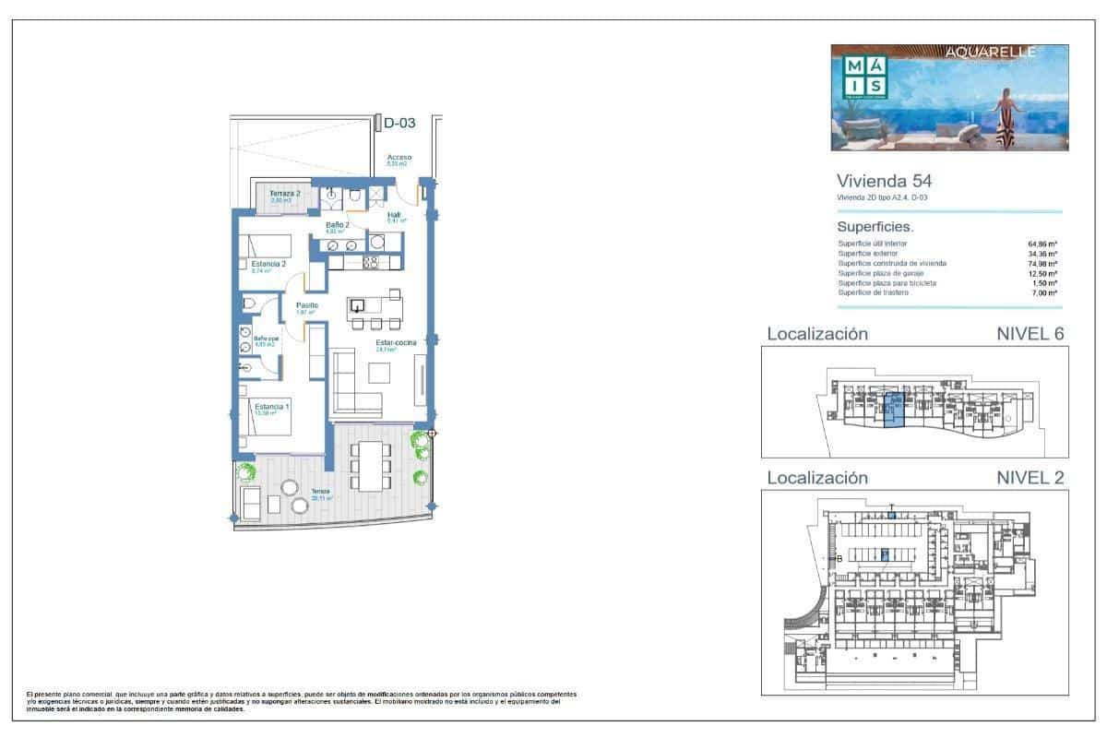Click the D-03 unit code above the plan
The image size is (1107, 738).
tap(401, 124)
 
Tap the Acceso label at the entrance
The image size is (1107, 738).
tap(399, 158)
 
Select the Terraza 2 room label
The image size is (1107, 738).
tap(284, 193)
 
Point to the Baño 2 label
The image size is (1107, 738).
tap(337, 225)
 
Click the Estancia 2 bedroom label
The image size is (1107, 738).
tap(268, 264)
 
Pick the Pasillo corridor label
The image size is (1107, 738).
tap(307, 305)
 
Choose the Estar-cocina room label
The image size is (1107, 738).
tap(396, 342)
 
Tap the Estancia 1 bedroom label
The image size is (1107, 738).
tap(272, 407)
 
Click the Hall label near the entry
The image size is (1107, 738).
tap(394, 215)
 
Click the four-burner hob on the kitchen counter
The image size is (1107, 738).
tap(372, 262)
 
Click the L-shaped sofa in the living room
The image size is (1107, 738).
tap(355, 387)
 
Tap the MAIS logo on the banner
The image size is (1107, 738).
tap(866, 77)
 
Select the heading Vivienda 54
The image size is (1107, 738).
tap(871, 181)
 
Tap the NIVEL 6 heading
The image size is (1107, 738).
tap(1030, 334)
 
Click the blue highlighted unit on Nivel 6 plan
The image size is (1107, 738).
tap(891, 409)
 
